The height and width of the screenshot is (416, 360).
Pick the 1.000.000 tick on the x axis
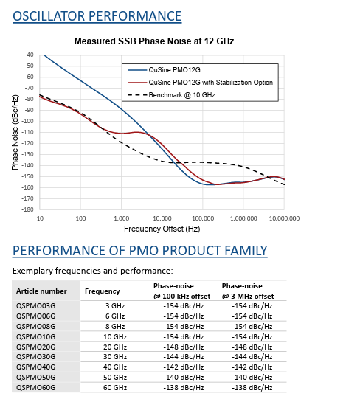(x=243, y=218)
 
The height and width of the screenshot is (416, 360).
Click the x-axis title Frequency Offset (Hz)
(x=162, y=229)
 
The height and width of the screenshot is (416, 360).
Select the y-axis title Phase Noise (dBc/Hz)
(x=15, y=132)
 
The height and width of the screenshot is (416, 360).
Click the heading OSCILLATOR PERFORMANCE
(x=97, y=16)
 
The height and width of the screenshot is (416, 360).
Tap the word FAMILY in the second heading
(x=246, y=251)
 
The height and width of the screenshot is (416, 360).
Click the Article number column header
(x=41, y=291)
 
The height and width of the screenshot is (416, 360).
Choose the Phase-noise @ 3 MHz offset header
(x=248, y=291)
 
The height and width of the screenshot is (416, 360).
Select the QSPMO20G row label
(x=36, y=347)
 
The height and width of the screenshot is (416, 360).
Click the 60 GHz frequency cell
(x=115, y=388)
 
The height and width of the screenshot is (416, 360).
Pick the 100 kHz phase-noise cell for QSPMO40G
(x=184, y=367)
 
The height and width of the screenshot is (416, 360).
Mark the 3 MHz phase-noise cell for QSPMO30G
(x=252, y=357)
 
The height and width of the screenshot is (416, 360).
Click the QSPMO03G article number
(x=36, y=306)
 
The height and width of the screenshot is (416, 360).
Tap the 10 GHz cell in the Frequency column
(x=115, y=336)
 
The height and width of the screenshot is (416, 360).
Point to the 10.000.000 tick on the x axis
(x=285, y=218)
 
